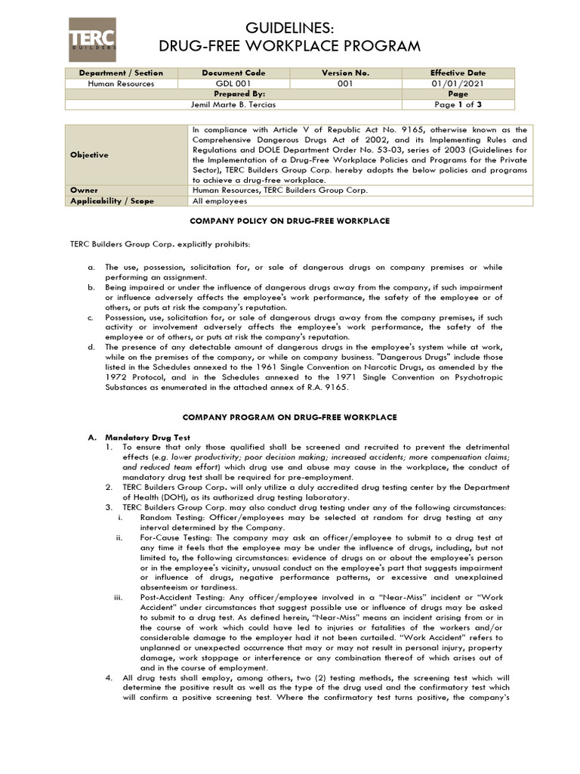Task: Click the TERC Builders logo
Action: (92, 39)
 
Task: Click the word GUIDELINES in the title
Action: (290, 29)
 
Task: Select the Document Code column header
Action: (233, 73)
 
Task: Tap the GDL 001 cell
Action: (233, 83)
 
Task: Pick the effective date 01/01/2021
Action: (458, 83)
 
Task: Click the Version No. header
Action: (346, 73)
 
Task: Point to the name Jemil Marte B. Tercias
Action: (233, 104)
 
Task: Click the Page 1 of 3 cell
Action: (458, 104)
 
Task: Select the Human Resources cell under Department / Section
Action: (121, 83)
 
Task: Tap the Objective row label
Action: (89, 155)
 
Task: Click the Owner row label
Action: (84, 190)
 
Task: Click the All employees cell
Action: (220, 201)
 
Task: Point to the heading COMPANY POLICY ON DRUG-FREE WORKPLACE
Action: (290, 221)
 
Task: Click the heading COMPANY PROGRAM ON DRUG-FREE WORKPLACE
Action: (290, 417)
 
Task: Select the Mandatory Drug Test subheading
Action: (148, 438)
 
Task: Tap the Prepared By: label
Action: (233, 94)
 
